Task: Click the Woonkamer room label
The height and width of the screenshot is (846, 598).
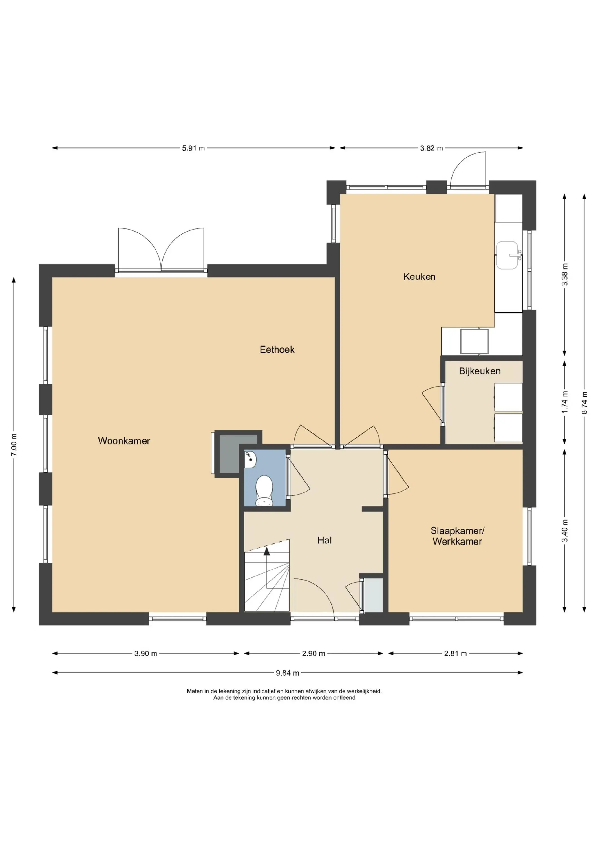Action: coord(124,441)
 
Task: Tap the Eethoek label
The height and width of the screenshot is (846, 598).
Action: coord(277,350)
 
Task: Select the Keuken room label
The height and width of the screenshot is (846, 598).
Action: coord(419,277)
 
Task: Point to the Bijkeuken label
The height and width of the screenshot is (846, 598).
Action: coord(480,371)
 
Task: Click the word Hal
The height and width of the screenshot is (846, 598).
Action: coord(325,541)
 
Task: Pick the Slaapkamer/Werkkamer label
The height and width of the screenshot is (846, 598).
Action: coord(457,536)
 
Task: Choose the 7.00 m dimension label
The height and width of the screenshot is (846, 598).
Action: coord(14,445)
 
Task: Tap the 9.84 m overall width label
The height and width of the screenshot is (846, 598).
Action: coord(287,673)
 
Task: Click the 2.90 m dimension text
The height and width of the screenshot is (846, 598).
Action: coord(314,653)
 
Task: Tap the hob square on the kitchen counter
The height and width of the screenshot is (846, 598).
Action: coord(474,342)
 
